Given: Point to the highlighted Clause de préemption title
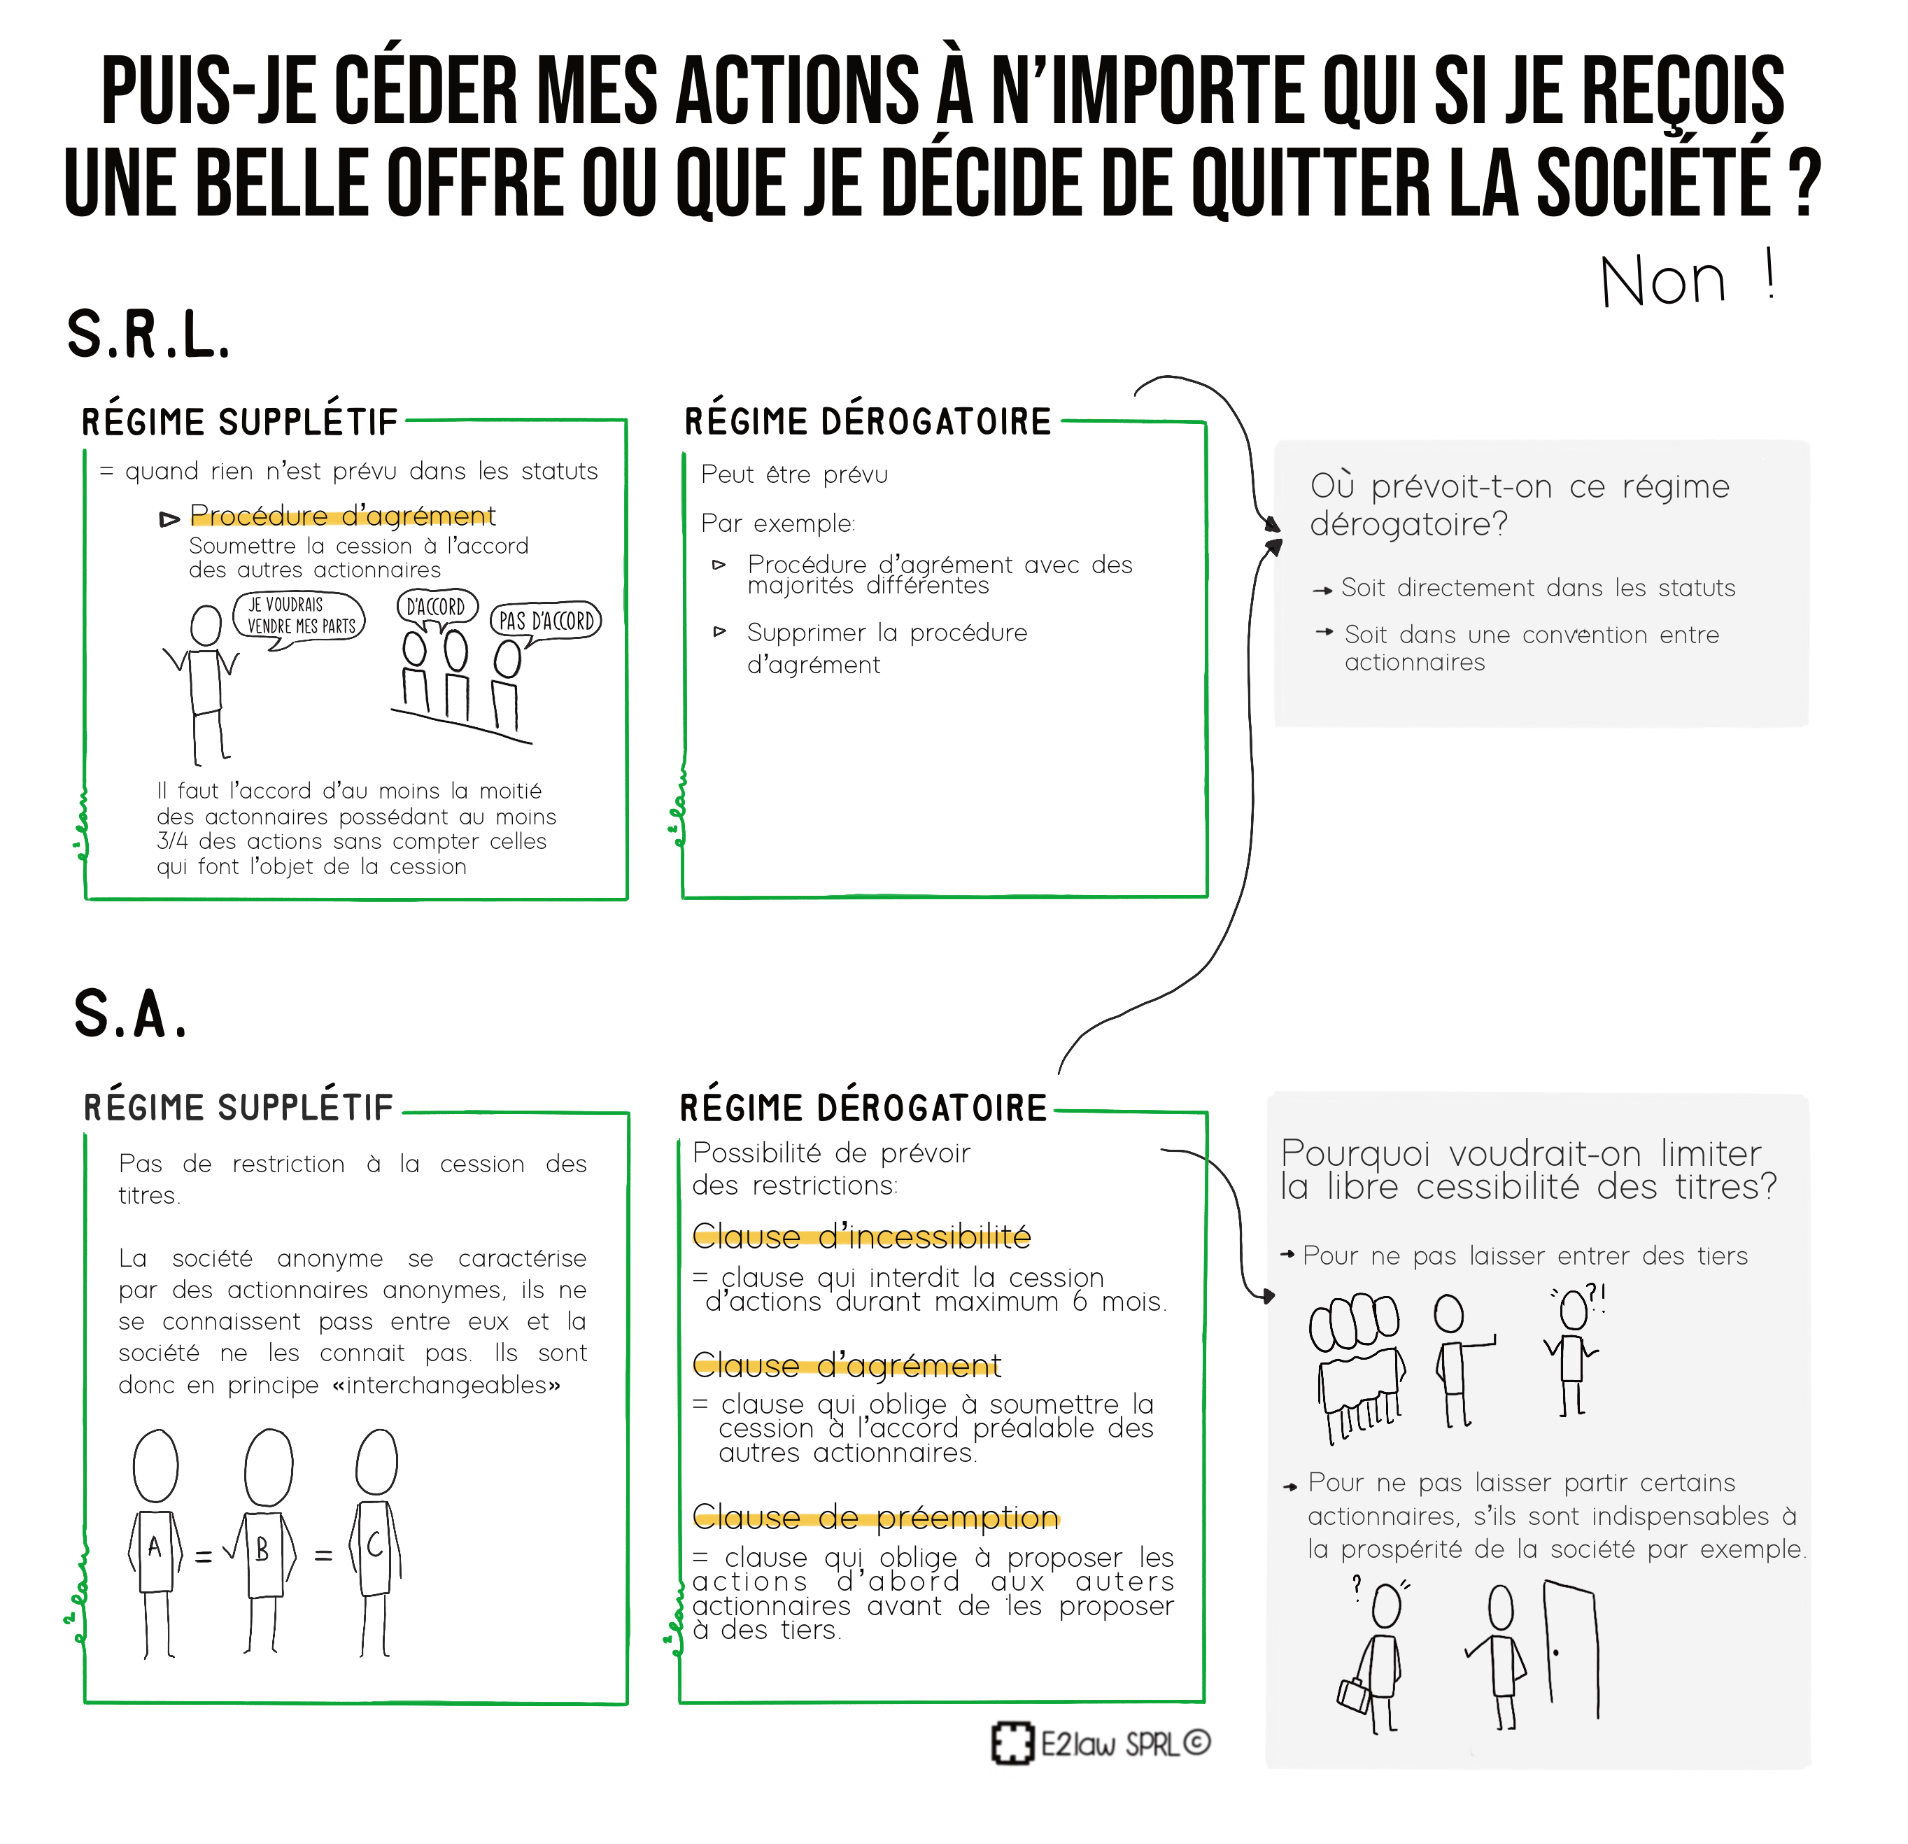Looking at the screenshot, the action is click(x=875, y=1517).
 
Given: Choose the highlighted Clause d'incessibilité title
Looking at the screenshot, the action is click(x=861, y=1237).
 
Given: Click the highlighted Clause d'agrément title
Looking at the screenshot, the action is click(x=847, y=1366).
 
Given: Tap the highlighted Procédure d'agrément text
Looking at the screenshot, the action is click(x=343, y=515).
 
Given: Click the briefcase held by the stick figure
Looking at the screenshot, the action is click(x=1354, y=1695).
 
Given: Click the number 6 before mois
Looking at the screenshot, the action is click(x=1080, y=1302).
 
